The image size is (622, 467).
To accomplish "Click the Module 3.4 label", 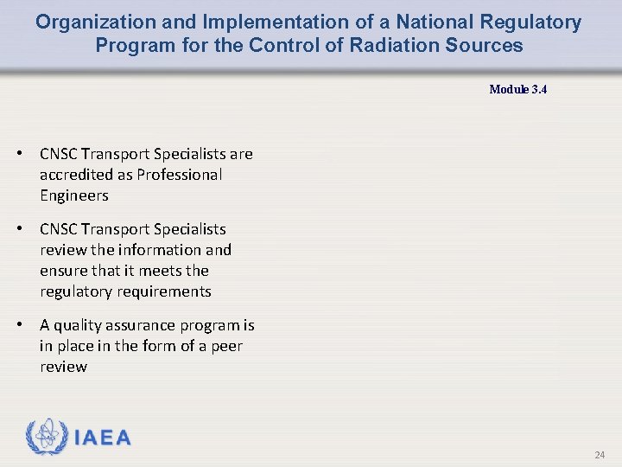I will tap(517, 89).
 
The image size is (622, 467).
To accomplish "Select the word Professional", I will tap(177, 175).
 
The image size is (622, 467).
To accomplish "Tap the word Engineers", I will tap(74, 195).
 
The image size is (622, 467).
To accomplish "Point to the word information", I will tap(158, 250).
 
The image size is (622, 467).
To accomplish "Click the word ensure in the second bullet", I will tap(62, 271).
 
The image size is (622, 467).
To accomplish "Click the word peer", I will tap(227, 346).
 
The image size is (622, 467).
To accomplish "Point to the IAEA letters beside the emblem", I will tap(103, 438).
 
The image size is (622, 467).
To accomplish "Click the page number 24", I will tap(600, 455).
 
